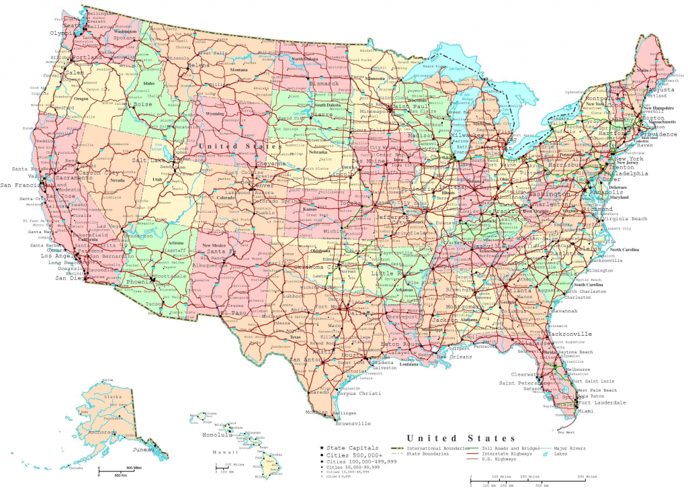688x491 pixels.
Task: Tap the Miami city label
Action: (585, 411)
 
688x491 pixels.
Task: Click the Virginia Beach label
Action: (626, 219)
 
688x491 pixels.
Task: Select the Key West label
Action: (566, 432)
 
